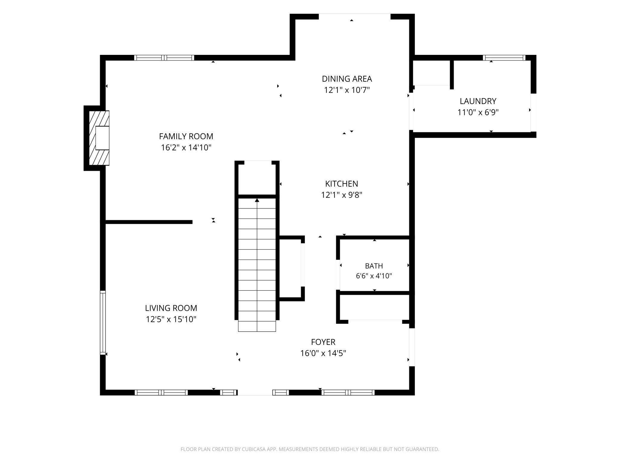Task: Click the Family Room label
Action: coord(186,136)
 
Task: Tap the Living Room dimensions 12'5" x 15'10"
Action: coord(171,319)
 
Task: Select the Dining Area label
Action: coord(347,79)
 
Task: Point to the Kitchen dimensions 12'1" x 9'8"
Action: coord(342,195)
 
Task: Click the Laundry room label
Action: coord(478,101)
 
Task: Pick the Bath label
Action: coord(374,266)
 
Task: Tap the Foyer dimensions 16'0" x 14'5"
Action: coord(323,353)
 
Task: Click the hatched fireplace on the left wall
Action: coord(99,138)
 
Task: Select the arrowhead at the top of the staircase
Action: coord(257,200)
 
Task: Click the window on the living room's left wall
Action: coord(103,323)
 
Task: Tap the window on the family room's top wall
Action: coord(164,58)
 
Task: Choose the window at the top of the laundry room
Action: coord(504,58)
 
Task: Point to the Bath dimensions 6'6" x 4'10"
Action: coord(374,276)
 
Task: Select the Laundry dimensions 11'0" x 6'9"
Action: coord(478,112)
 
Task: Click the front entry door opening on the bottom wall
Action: coord(255,393)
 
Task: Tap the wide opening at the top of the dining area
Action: coord(355,16)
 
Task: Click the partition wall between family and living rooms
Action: coord(149,222)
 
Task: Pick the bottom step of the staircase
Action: coord(257,326)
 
